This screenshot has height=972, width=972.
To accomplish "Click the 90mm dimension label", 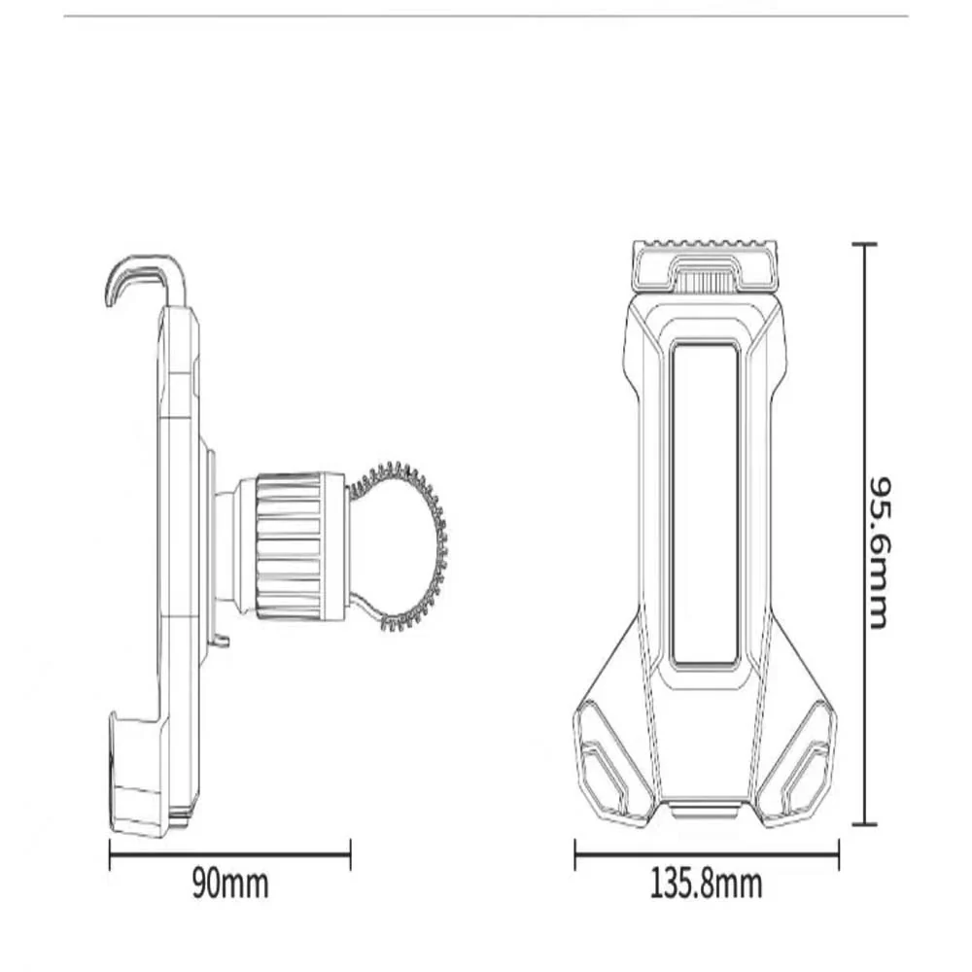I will pyautogui.click(x=229, y=885).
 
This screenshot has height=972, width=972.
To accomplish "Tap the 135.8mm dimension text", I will pyautogui.click(x=706, y=885).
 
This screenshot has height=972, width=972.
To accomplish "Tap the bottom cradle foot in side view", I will pyautogui.click(x=136, y=778).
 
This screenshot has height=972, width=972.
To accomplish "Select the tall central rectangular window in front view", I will pyautogui.click(x=705, y=503).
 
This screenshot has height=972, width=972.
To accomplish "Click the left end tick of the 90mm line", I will pyautogui.click(x=111, y=854).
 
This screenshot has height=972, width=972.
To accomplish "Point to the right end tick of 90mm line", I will pyautogui.click(x=349, y=854).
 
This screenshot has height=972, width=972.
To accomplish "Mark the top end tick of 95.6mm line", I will pyautogui.click(x=864, y=245).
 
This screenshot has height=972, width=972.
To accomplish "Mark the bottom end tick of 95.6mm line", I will pyautogui.click(x=864, y=824).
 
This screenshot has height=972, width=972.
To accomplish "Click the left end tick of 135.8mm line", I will pyautogui.click(x=576, y=854).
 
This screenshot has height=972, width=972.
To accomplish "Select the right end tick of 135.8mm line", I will pyautogui.click(x=838, y=854).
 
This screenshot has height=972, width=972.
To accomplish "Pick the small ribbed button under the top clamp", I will pyautogui.click(x=704, y=283).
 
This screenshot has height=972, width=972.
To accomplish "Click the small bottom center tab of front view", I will pyautogui.click(x=705, y=811).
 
